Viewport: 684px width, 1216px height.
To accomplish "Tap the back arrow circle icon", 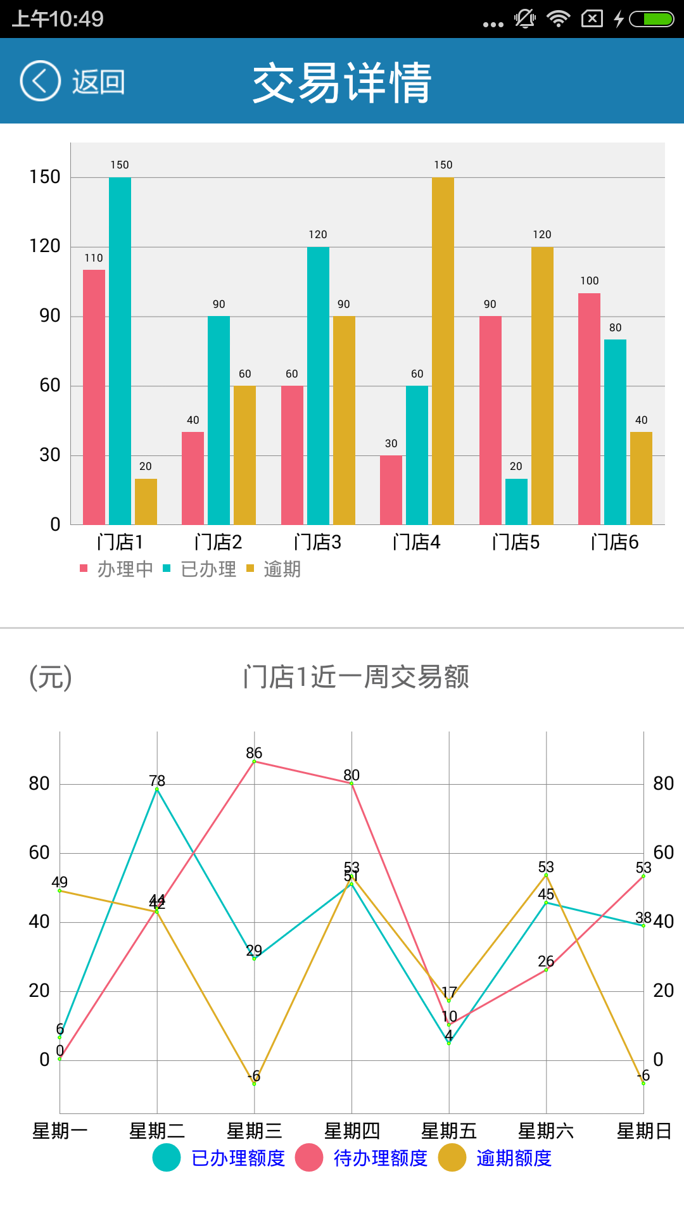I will (40, 81).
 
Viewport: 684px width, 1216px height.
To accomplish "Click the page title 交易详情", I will (342, 82).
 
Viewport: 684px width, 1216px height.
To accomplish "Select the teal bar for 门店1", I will (120, 351).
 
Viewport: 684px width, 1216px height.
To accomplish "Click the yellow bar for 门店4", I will (443, 351).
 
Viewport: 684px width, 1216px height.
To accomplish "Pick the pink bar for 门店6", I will (589, 408).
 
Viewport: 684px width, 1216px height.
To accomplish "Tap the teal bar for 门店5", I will (516, 502).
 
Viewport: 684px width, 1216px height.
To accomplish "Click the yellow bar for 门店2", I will (244, 455).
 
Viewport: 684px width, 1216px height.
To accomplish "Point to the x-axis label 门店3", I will (318, 542).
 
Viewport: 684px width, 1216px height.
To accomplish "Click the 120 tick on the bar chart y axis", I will (45, 246).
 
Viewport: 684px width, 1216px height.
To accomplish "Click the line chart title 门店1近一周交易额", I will (356, 677).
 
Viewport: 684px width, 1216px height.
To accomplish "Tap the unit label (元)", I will (51, 677).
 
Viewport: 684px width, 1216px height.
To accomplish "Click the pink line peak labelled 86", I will (254, 761).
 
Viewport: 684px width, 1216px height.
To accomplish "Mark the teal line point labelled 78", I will (157, 789).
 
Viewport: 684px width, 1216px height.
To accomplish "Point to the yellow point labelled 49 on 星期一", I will (60, 890).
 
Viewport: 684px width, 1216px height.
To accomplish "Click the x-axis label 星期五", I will (449, 1131).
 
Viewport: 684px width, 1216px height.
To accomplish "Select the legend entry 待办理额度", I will (380, 1158).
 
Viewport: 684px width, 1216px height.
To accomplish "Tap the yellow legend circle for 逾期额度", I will (452, 1158).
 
